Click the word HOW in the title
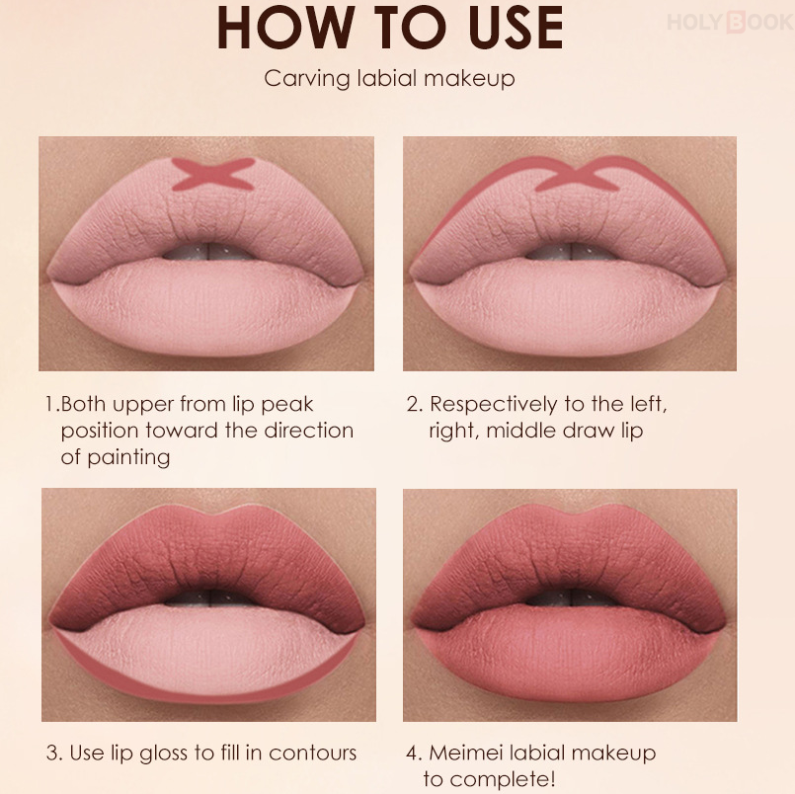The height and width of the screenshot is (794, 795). tap(285, 28)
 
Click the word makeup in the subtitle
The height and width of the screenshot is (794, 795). tap(469, 79)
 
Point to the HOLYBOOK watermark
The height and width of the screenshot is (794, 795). tap(731, 22)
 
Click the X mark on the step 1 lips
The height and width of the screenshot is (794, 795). tap(213, 174)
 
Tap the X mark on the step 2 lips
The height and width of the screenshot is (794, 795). tap(578, 175)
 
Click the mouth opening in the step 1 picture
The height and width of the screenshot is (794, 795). tap(208, 251)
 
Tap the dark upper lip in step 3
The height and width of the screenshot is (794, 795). tap(207, 557)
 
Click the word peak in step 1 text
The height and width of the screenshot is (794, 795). tap(287, 405)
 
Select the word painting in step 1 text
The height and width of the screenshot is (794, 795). tap(128, 458)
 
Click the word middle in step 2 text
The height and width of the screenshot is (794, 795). tap(520, 431)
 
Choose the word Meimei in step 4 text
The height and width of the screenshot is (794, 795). tap(465, 753)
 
